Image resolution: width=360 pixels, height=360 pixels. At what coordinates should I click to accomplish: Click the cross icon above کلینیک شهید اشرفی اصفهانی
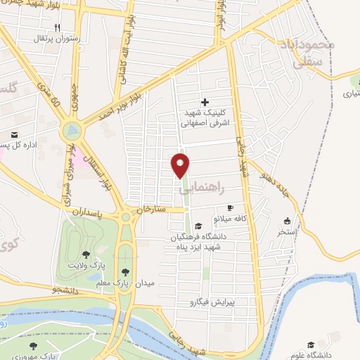pos(205,103)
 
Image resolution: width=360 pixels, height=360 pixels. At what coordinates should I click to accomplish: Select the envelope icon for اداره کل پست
pos(13,135)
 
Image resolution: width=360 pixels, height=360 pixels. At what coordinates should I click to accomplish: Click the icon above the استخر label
pos(286,221)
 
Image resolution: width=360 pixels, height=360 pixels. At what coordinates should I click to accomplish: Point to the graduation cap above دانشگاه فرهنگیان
pos(199,226)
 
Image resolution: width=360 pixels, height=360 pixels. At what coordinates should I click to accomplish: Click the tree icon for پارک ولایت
pos(86,255)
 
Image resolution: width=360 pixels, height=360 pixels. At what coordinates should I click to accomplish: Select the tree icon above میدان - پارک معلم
pos(125,271)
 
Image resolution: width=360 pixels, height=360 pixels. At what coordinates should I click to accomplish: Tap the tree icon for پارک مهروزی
pos(32,346)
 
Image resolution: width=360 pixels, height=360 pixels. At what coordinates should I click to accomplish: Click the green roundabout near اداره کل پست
pos(71,131)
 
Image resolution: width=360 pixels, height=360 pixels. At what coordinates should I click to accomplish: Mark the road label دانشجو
pos(67,289)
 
